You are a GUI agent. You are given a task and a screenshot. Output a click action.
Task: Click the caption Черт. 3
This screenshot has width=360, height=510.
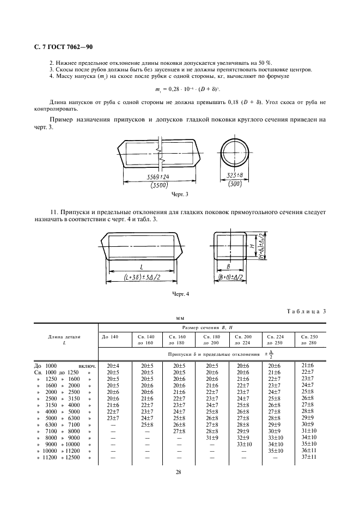179,195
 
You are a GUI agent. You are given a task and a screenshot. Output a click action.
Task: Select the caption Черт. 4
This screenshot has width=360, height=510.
180,295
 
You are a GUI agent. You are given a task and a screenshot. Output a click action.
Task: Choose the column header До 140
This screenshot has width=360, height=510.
109,337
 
